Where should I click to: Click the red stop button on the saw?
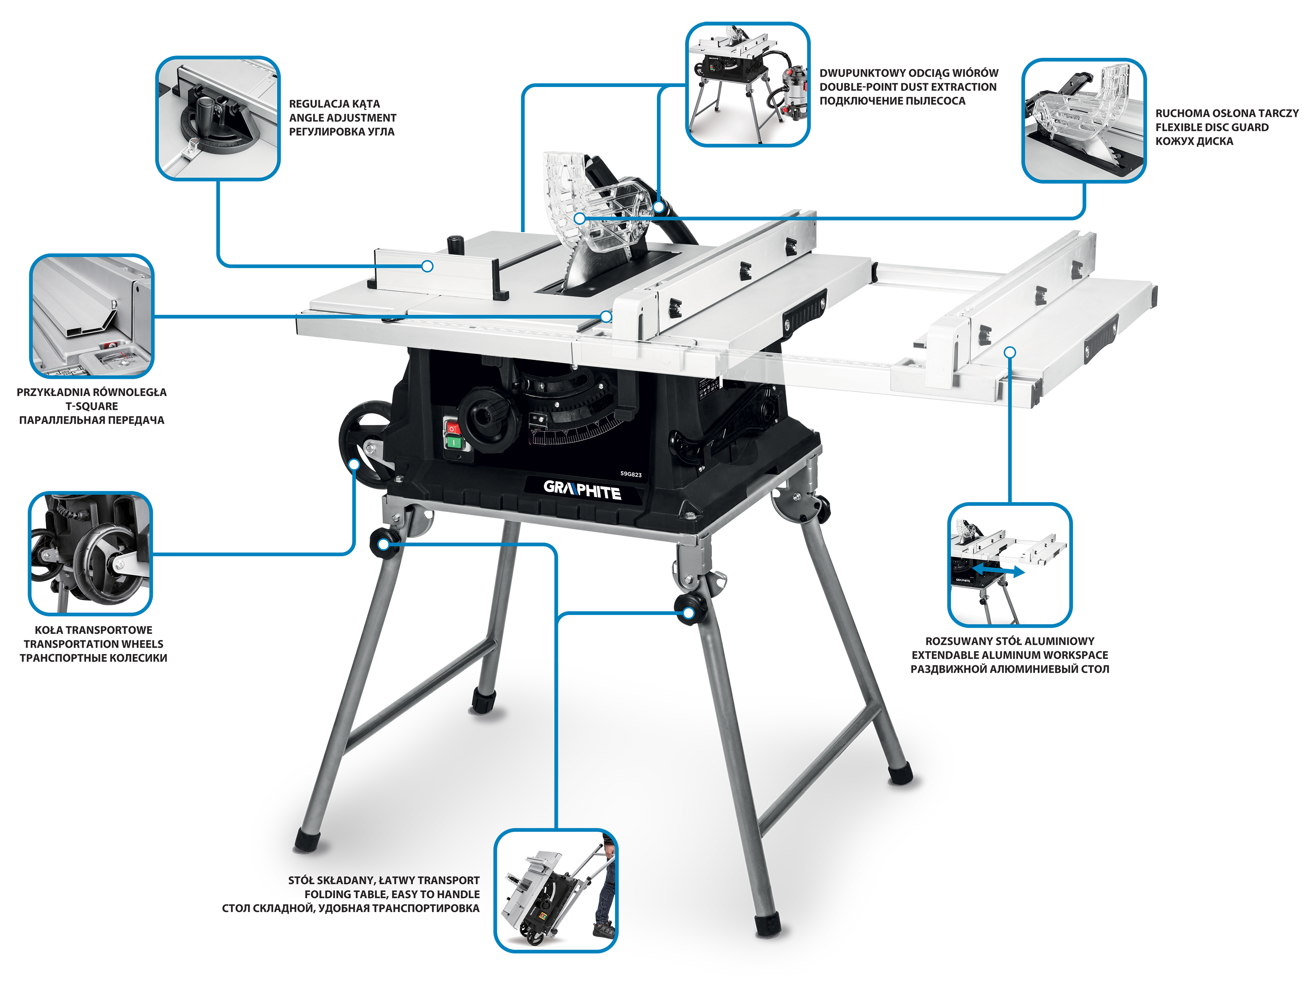pos(453,428)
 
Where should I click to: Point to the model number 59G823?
pos(631,474)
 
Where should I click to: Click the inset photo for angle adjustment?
pos(218,118)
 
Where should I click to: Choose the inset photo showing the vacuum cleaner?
pos(748,84)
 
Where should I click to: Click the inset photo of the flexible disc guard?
pos(1084,120)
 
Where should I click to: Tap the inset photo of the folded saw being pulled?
pos(556,891)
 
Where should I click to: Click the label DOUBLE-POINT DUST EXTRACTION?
pos(908,87)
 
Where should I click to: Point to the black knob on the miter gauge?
pos(455,243)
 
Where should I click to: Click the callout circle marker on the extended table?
pos(1010,353)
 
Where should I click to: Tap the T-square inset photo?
pos(91,316)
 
